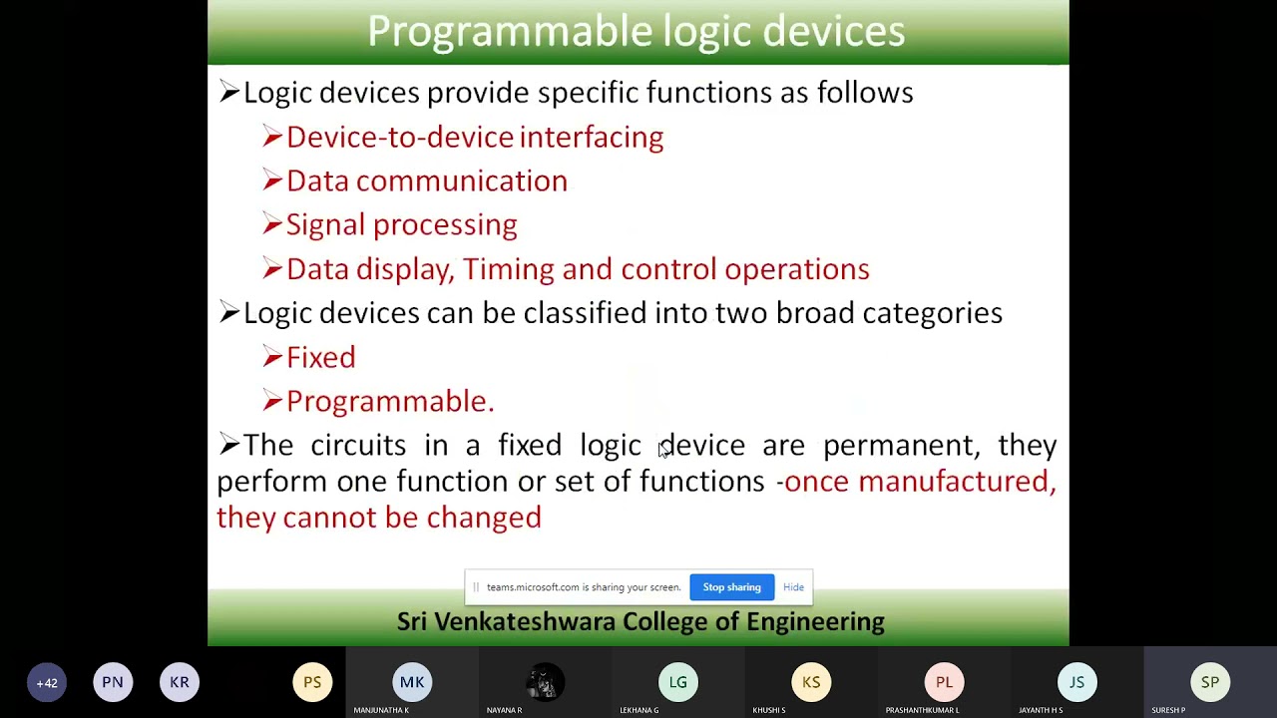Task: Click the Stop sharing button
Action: point(731,587)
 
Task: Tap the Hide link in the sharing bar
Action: point(793,587)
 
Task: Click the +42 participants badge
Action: point(47,683)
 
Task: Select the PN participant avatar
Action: point(113,683)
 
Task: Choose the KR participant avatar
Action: point(180,683)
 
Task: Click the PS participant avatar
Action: point(312,683)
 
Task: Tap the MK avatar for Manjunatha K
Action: point(412,683)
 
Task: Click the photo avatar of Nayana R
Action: point(545,683)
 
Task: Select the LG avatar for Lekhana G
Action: point(678,683)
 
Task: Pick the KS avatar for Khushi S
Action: point(811,683)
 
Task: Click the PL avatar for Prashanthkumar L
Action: point(944,683)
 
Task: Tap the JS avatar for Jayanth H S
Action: point(1076,683)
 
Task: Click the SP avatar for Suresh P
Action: point(1210,683)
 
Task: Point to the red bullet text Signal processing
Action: point(401,225)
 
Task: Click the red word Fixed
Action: point(320,358)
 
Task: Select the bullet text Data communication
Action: point(426,181)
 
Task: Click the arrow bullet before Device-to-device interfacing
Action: point(272,137)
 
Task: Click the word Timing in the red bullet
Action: point(508,269)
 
